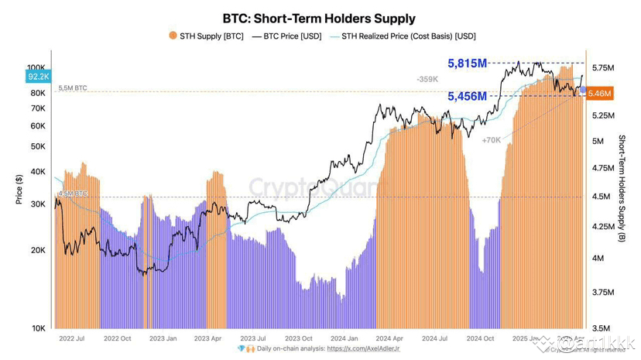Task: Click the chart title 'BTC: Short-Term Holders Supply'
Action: (x=319, y=18)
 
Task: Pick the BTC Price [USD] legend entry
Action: (x=288, y=36)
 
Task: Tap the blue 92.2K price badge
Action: (x=38, y=77)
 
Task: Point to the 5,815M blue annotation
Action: (x=467, y=63)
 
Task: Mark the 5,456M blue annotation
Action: (x=467, y=96)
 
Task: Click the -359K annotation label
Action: (x=427, y=79)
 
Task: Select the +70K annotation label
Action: (x=491, y=141)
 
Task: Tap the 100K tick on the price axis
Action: (x=36, y=67)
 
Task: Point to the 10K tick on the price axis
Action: (x=38, y=328)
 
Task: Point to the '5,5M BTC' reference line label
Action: (x=72, y=89)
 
